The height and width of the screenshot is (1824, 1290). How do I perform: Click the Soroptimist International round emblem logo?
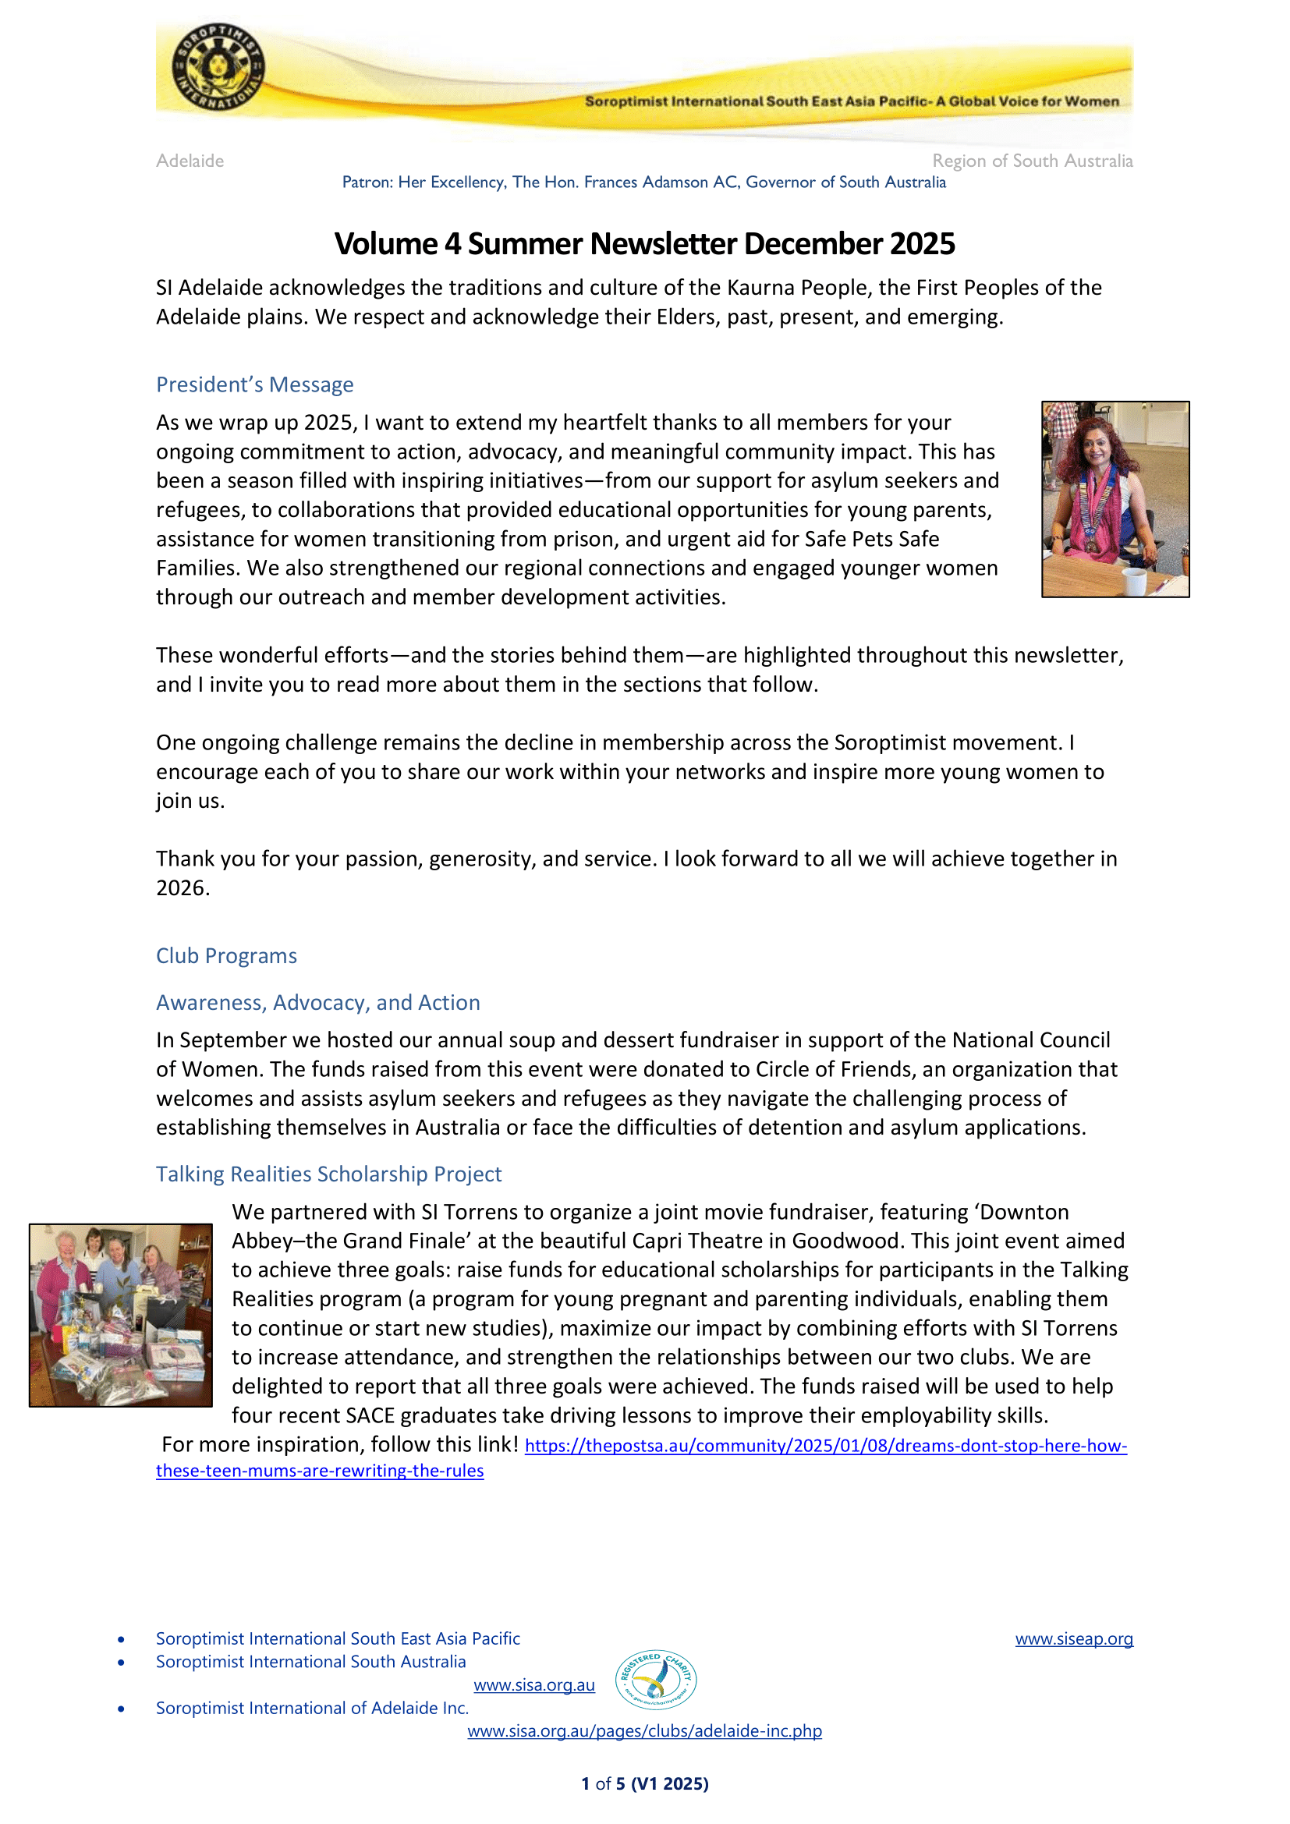click(x=218, y=68)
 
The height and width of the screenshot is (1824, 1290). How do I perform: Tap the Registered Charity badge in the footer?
click(x=656, y=1680)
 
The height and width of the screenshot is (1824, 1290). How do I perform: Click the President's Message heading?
click(x=254, y=384)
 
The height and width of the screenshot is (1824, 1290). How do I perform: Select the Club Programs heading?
click(x=226, y=956)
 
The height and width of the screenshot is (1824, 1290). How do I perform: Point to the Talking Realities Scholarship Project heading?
click(x=328, y=1174)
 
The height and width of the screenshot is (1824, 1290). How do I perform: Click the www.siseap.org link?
click(x=1073, y=1638)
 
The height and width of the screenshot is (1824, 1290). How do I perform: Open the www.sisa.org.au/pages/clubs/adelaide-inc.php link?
click(x=644, y=1731)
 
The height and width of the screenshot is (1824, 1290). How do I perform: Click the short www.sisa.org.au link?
click(x=533, y=1685)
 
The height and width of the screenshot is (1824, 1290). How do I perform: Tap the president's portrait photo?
click(x=1115, y=499)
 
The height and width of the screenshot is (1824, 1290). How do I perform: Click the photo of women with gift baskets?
click(x=121, y=1315)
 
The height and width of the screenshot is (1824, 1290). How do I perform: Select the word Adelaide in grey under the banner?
click(x=190, y=161)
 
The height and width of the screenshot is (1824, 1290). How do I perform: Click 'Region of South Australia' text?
click(x=1032, y=161)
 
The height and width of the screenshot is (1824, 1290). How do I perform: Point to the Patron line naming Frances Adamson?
click(x=643, y=182)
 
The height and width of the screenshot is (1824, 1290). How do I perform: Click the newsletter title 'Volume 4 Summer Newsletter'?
click(x=644, y=244)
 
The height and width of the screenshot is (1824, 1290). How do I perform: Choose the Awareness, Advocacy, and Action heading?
click(x=317, y=1003)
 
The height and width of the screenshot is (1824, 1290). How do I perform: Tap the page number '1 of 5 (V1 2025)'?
click(x=644, y=1783)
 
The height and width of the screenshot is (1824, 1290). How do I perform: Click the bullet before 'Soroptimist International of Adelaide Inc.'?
click(x=121, y=1709)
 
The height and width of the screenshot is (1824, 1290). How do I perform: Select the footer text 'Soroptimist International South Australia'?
click(x=310, y=1662)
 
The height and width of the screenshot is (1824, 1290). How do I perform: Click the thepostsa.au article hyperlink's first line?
click(x=825, y=1446)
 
